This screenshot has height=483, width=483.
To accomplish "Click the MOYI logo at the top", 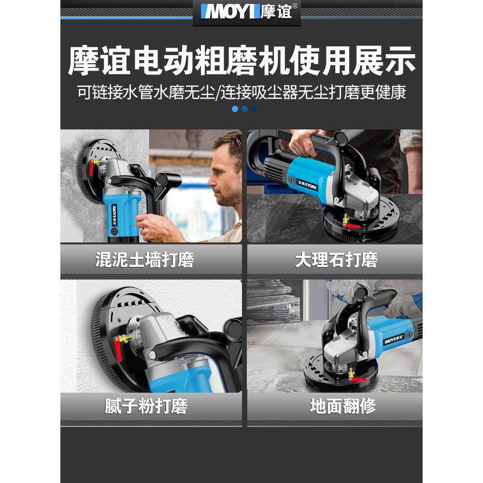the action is pos(246,12).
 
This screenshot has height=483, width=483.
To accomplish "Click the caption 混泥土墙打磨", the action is pos(145,260).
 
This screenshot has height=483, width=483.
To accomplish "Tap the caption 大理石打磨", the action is pos(336,260).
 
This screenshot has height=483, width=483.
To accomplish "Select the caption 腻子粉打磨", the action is pos(146,406).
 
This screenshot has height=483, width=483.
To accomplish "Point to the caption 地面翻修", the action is pos(343,406).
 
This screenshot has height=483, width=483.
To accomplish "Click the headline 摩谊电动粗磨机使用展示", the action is pos(241,61).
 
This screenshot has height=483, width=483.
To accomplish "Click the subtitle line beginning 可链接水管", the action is pos(241,92).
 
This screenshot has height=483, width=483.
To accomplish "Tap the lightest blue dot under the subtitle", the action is pos(235,109).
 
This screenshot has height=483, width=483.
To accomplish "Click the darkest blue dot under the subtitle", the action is pos(255,109).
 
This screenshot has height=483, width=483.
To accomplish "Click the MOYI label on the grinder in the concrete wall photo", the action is pos(114,214).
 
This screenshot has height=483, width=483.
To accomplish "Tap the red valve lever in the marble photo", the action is pos(352,226).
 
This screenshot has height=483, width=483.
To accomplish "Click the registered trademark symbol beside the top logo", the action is pos(295,6).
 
